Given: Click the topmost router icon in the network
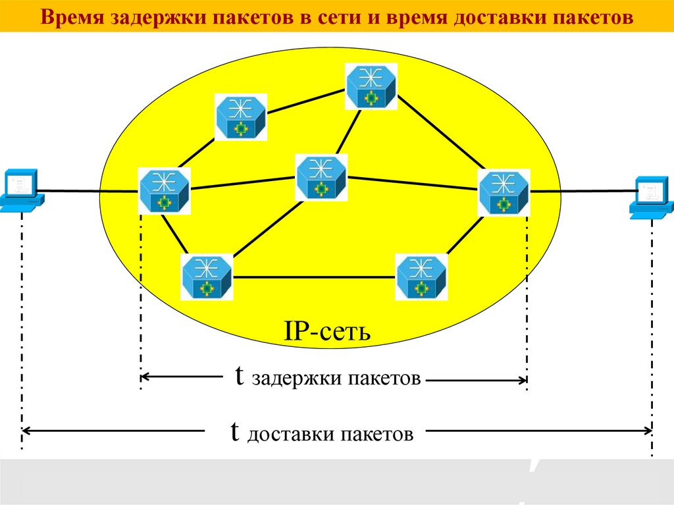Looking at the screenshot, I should click(x=373, y=86).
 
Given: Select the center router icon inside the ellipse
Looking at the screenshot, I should click(x=321, y=177).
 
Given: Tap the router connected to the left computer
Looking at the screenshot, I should click(x=164, y=190).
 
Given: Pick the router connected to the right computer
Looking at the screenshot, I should click(x=504, y=192).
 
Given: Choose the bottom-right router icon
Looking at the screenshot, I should click(x=421, y=277).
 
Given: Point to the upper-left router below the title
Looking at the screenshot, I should click(x=241, y=117).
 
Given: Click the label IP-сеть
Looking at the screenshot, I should click(x=327, y=331).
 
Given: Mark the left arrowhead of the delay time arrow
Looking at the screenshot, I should click(x=145, y=377).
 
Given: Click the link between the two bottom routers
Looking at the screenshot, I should click(x=315, y=277).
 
